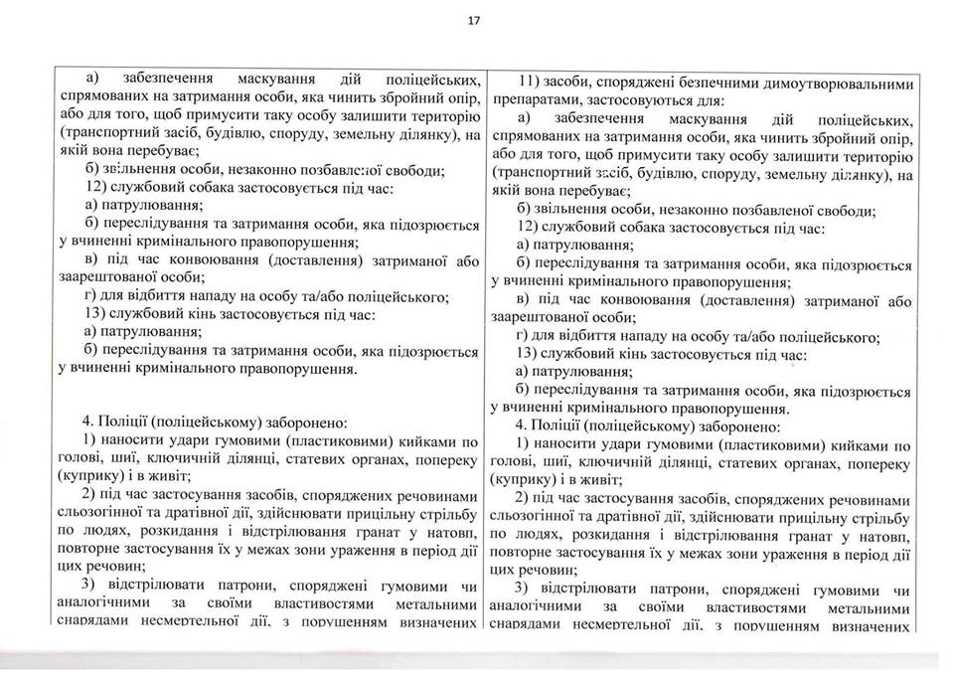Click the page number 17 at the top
[x=475, y=17]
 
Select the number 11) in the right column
[x=530, y=82]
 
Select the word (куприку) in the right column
[x=534, y=479]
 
